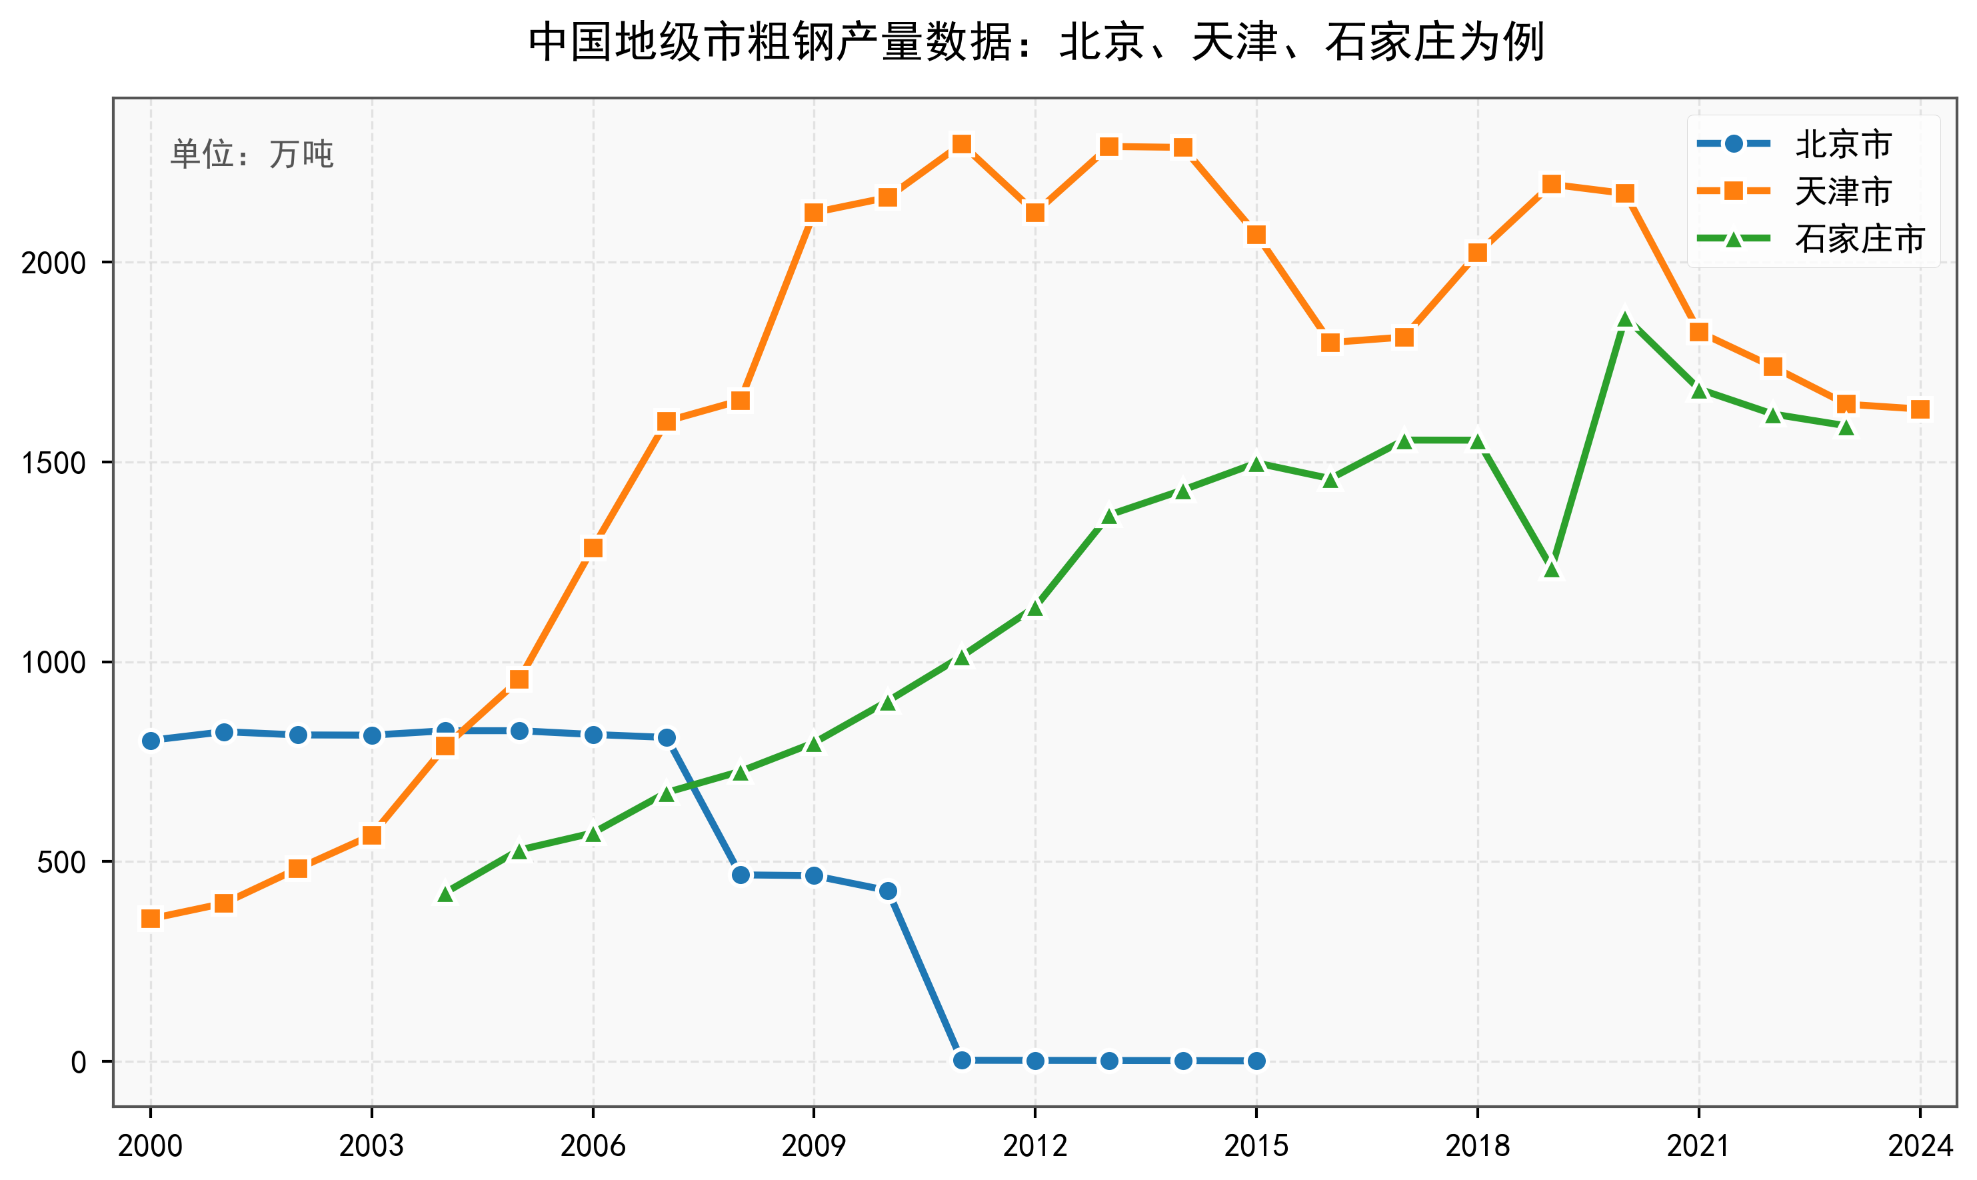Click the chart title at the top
click(x=1036, y=42)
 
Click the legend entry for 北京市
click(x=1842, y=144)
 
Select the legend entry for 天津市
click(x=1842, y=191)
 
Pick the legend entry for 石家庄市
click(x=1858, y=239)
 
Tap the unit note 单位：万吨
click(x=251, y=153)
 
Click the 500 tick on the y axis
click(x=62, y=862)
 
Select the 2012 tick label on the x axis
click(x=1035, y=1146)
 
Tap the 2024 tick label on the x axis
click(x=1920, y=1146)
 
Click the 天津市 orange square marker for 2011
click(x=961, y=144)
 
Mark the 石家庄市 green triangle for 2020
click(x=1625, y=319)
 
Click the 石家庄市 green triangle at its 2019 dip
click(x=1551, y=569)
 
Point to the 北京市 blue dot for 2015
click(x=1256, y=1061)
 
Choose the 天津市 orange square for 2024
click(x=1920, y=409)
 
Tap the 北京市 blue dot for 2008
click(x=740, y=875)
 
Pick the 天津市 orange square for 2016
click(x=1330, y=342)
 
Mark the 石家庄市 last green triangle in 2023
click(x=1846, y=427)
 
